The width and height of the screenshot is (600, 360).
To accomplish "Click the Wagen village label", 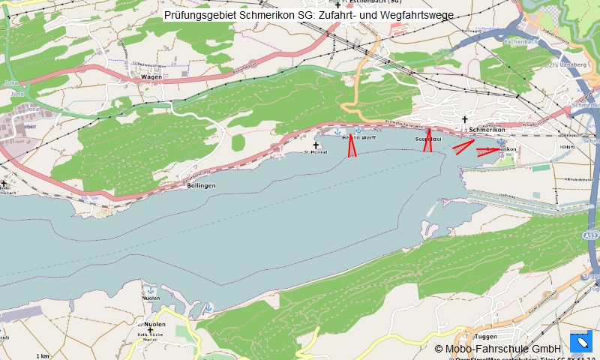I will (x=151, y=76).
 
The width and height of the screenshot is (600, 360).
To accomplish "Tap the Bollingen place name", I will (x=201, y=185).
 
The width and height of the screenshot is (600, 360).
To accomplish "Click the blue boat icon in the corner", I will (x=581, y=343).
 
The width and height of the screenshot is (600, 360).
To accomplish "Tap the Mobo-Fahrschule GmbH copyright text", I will (x=498, y=349).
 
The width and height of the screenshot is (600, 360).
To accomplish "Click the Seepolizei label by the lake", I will (x=427, y=139).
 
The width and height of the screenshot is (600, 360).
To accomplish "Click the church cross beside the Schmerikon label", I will (x=464, y=120).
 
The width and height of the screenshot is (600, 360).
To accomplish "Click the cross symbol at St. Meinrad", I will (x=316, y=145).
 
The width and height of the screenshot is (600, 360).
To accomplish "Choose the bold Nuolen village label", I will (x=154, y=324).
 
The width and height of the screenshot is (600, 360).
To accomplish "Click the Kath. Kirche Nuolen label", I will (x=153, y=337).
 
